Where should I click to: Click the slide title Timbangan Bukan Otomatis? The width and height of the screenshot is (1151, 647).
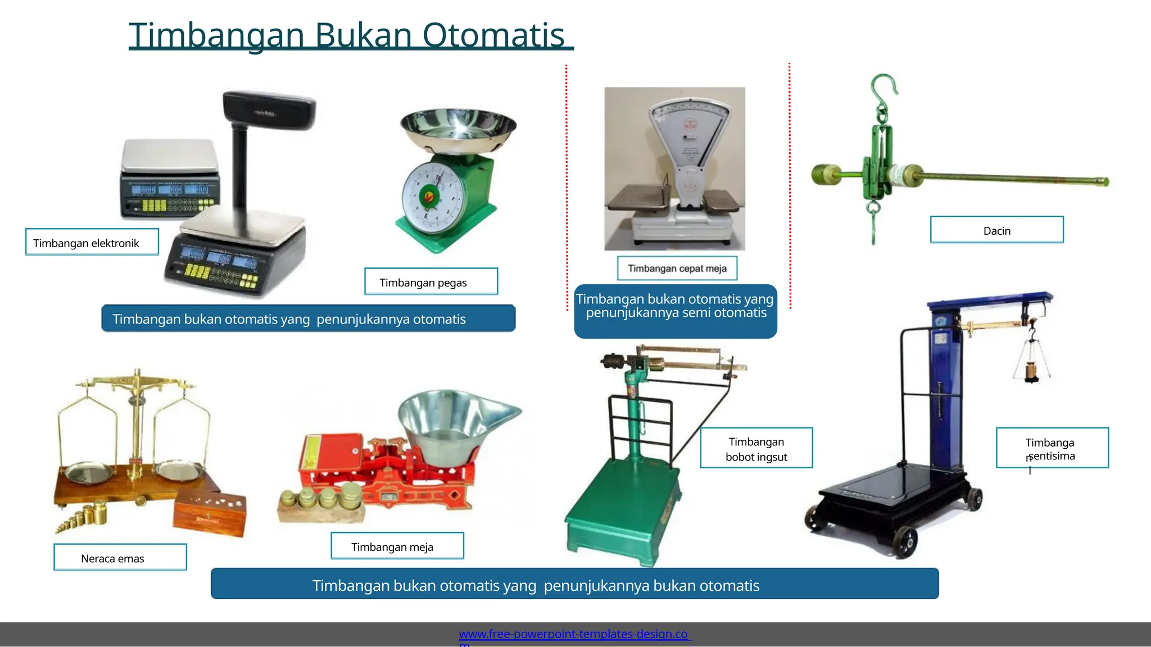351,35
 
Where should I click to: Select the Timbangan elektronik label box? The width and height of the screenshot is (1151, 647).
92,242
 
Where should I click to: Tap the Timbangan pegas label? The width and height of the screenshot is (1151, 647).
431,282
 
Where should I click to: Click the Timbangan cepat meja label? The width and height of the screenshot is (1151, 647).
677,268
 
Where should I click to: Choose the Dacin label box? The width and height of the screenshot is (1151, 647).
996,230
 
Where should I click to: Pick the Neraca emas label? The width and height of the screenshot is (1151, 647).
120,558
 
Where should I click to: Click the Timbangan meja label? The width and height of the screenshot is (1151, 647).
397,546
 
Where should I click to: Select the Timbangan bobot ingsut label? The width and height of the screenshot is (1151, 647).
756,448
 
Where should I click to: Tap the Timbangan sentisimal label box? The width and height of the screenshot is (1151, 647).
1052,448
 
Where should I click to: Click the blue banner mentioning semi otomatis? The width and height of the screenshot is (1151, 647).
675,311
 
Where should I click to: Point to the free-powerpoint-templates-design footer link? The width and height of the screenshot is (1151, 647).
574,634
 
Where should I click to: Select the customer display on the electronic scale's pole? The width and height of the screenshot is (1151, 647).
269,110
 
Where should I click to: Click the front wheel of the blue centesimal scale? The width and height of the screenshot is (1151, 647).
905,540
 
